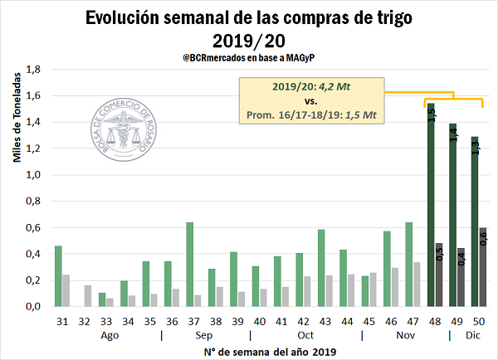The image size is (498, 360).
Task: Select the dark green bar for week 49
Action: coord(453,216)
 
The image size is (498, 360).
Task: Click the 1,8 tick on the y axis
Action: coord(32,70)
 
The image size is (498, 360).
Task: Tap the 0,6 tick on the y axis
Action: coord(32,227)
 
